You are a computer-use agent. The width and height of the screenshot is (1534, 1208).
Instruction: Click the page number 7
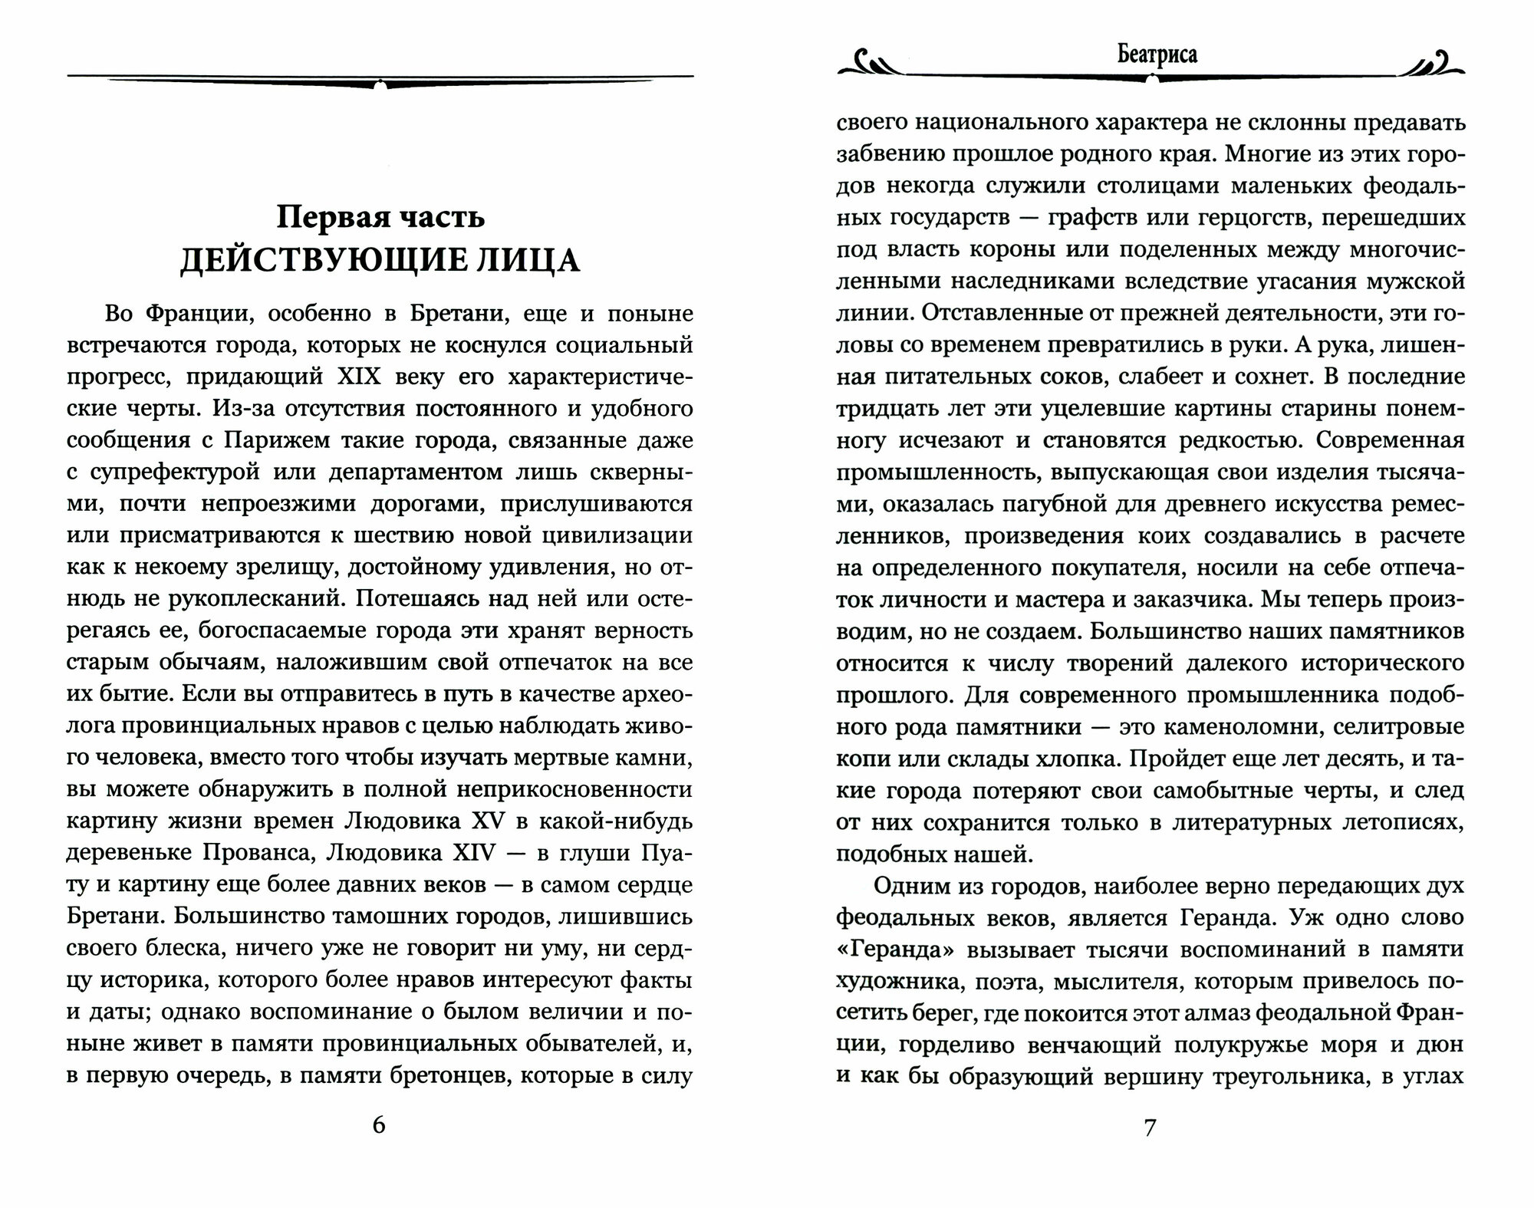[x=1149, y=1127]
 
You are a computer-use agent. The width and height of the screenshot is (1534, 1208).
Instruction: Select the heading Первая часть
[x=380, y=218]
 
